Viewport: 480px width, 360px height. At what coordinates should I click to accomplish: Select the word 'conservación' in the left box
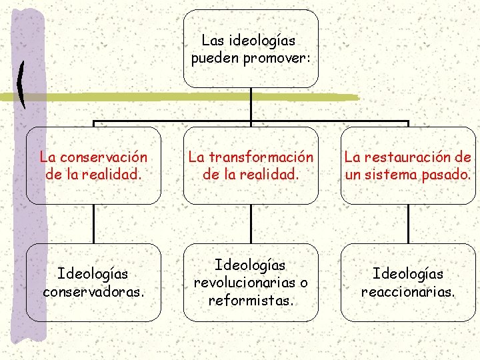(103, 158)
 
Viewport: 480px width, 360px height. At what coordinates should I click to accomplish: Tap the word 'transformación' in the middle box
(263, 158)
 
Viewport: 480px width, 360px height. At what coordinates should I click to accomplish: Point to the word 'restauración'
(409, 158)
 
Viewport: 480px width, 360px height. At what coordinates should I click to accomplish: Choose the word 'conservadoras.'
(93, 292)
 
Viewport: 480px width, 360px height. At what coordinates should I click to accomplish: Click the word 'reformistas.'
(251, 300)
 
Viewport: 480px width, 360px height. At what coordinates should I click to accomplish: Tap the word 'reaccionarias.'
(408, 292)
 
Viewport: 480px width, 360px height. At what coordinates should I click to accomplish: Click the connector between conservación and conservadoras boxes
(93, 223)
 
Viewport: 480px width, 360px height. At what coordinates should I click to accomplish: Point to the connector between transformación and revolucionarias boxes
(251, 223)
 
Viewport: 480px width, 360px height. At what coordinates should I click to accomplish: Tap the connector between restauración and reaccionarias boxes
(408, 223)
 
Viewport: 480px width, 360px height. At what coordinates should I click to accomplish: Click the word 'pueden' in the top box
(215, 59)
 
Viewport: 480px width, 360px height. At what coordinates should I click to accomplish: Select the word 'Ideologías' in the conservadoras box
(93, 274)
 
